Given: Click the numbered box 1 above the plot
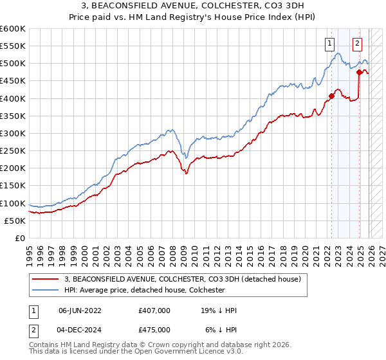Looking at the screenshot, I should [329, 44].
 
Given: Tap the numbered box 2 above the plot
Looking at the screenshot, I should [357, 44].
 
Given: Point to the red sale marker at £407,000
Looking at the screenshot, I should [332, 96].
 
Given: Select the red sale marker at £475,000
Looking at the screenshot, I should [359, 72].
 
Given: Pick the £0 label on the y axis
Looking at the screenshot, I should [20, 238].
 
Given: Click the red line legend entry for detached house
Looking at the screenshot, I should [187, 280].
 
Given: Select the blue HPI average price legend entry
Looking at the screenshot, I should [144, 291].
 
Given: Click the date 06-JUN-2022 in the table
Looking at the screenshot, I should [80, 310].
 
